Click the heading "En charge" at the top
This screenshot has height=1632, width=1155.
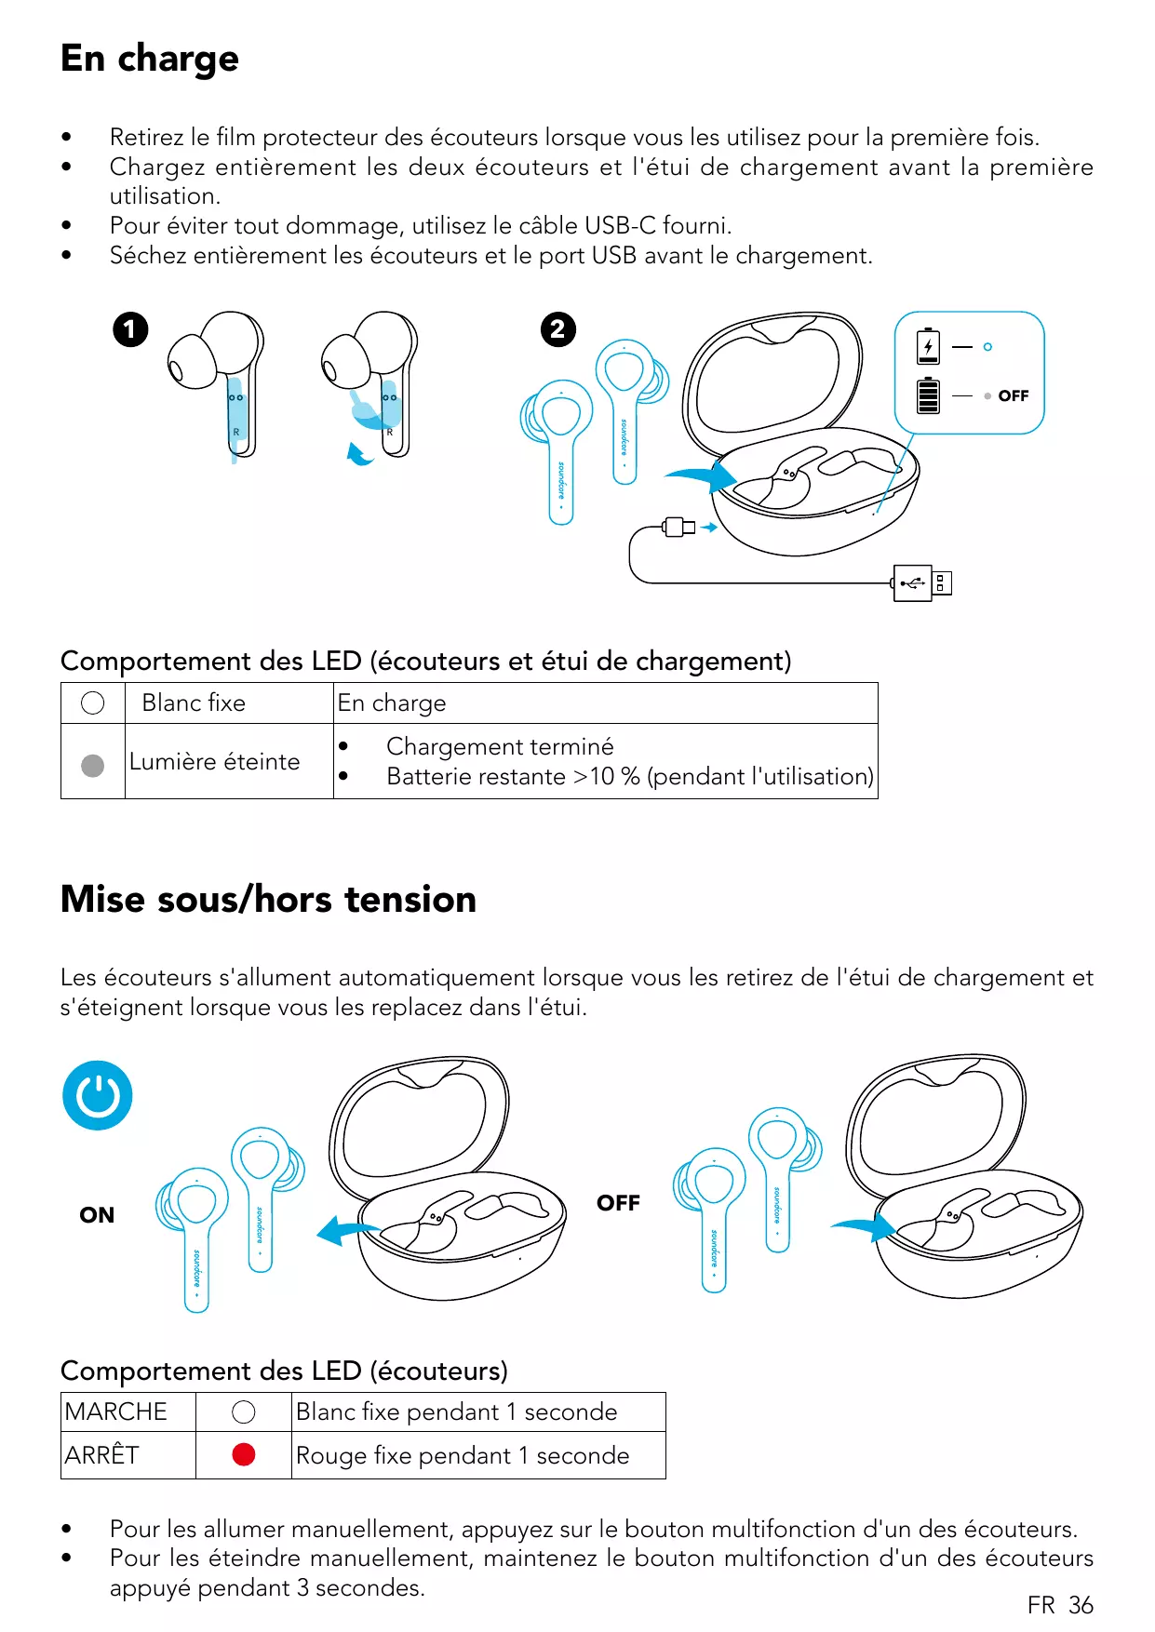click(150, 59)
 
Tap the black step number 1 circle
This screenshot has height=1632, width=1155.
click(130, 329)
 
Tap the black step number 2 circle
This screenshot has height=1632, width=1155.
click(558, 329)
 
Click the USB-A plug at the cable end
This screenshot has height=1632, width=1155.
click(922, 583)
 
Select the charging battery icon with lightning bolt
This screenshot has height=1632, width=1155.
click(928, 346)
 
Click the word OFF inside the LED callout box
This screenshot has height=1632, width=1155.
click(1013, 396)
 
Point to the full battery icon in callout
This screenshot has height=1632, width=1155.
click(928, 395)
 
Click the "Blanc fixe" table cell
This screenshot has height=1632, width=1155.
click(194, 703)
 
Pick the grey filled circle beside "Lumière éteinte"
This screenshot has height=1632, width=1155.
click(93, 765)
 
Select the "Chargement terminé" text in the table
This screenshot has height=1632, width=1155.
click(500, 746)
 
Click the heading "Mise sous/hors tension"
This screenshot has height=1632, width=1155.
click(268, 900)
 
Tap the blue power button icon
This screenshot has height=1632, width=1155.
click(98, 1095)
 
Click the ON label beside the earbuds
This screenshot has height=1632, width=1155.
click(97, 1215)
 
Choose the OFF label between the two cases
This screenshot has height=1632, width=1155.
click(618, 1203)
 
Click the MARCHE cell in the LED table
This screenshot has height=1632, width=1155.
click(116, 1411)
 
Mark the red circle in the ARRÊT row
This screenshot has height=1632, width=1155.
click(244, 1454)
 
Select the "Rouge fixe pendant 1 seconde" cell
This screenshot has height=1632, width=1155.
click(463, 1455)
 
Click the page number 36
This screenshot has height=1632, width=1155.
click(1081, 1605)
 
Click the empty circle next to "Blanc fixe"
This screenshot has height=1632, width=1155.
click(93, 703)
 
